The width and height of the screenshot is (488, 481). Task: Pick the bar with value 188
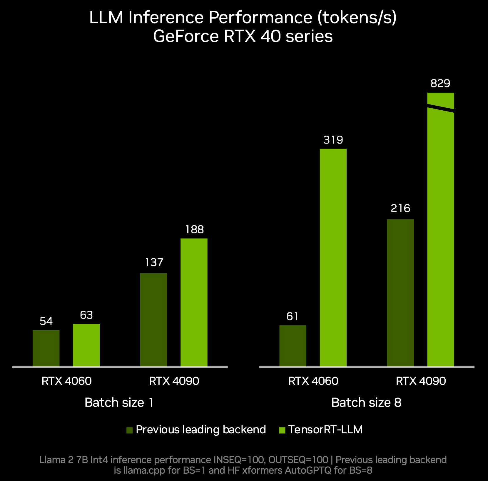coord(194,302)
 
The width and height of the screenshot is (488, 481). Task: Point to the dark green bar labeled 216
coord(400,293)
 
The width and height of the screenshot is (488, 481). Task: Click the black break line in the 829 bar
coord(440,108)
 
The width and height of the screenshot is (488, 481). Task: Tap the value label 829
coord(440,84)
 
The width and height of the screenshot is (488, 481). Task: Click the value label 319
coord(333,140)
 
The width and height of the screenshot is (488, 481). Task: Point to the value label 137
coord(154,262)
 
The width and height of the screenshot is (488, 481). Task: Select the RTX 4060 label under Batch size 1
coord(66,381)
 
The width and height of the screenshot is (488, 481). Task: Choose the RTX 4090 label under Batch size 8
coord(421,381)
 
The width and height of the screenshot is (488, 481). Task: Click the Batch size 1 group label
coord(119,402)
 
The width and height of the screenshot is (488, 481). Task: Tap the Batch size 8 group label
coord(366,402)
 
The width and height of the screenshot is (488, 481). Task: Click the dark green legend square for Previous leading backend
coord(129,430)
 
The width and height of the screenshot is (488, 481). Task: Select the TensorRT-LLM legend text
coord(325,430)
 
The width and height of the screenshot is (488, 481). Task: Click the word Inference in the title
coord(166,18)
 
